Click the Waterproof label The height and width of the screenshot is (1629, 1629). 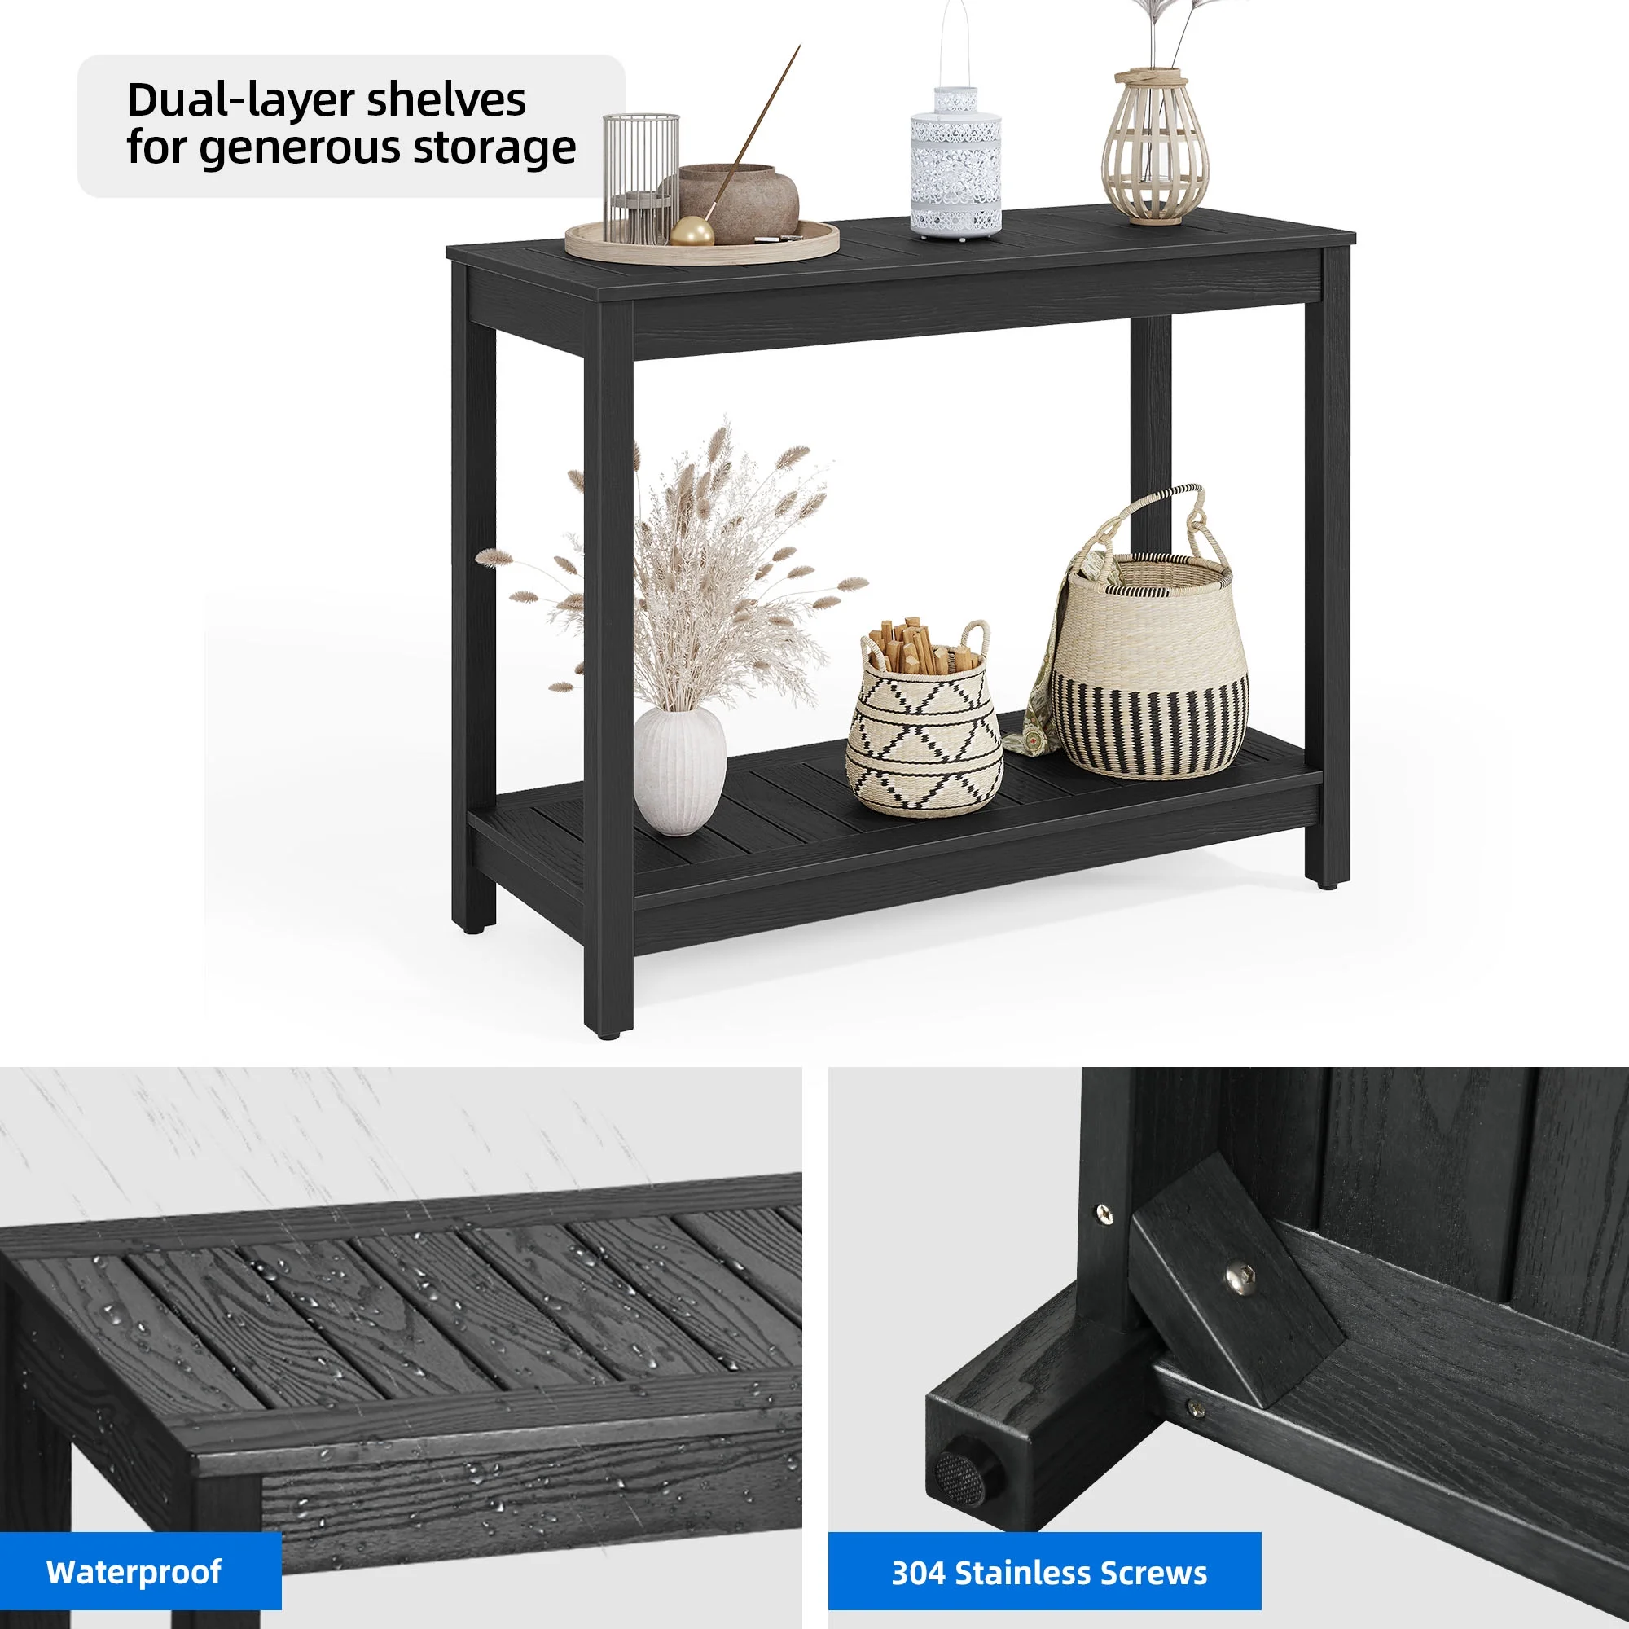coord(134,1572)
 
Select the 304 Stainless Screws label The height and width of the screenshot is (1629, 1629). coord(1049,1573)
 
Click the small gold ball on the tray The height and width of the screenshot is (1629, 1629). coord(692,231)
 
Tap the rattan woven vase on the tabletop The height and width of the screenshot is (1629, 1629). coord(1155,147)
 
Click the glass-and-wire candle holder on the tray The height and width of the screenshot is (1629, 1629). coord(641,178)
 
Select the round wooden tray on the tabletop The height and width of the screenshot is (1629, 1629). coord(701,240)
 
